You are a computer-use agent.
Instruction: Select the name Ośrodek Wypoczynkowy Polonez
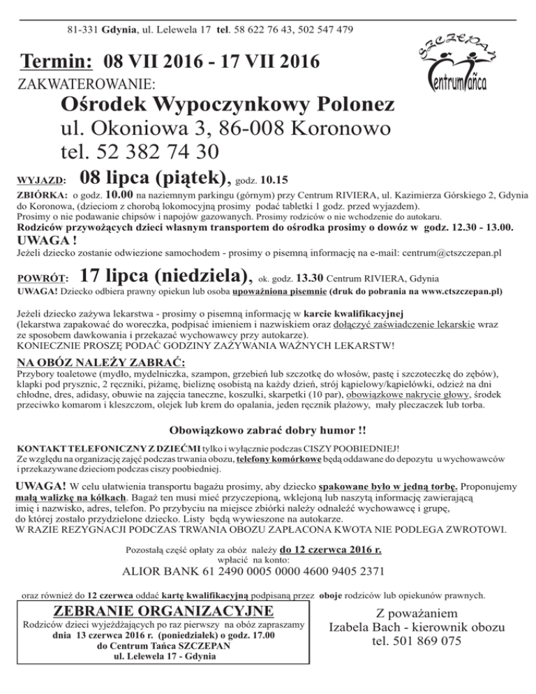[228, 106]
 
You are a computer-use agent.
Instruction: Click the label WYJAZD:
[41, 178]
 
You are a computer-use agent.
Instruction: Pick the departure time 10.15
[274, 178]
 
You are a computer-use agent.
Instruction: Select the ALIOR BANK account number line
[253, 571]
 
